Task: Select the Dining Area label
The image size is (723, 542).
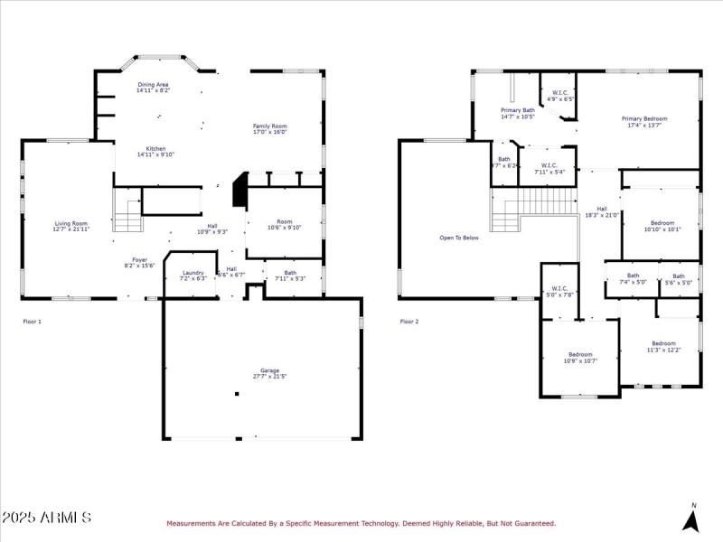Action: pyautogui.click(x=152, y=88)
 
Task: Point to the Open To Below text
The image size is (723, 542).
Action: pyautogui.click(x=459, y=238)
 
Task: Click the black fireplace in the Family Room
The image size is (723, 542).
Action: pyautogui.click(x=239, y=192)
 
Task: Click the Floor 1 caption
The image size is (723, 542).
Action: pyautogui.click(x=32, y=321)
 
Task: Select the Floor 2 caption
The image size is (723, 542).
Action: pyautogui.click(x=410, y=321)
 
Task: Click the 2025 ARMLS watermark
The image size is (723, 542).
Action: pyautogui.click(x=46, y=518)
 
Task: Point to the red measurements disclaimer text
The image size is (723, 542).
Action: pyautogui.click(x=360, y=523)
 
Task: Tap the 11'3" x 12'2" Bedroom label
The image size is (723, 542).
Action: pyautogui.click(x=663, y=346)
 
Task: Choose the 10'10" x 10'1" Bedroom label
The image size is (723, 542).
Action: pyautogui.click(x=662, y=226)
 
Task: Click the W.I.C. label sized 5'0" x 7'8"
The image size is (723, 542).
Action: pyautogui.click(x=561, y=292)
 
